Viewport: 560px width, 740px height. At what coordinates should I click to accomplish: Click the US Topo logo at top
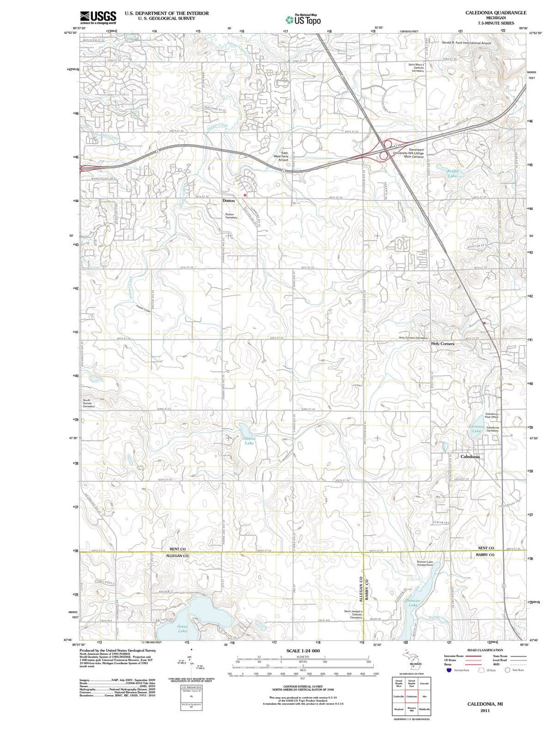[303, 20]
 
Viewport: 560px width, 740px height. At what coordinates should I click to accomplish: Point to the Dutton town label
[229, 200]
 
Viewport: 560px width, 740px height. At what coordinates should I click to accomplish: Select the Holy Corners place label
[442, 344]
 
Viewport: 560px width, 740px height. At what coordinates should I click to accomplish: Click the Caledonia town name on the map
[470, 457]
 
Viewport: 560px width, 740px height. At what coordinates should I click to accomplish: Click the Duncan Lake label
[413, 603]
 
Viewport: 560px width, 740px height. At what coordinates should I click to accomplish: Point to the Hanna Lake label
[249, 441]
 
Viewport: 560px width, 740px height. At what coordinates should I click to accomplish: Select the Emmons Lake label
[477, 429]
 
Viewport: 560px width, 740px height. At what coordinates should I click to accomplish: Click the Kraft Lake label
[453, 173]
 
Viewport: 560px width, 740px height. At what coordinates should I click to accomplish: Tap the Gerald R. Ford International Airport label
[466, 43]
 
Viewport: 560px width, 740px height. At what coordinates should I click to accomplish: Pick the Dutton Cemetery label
[231, 216]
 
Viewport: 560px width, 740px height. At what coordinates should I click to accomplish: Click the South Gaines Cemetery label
[89, 403]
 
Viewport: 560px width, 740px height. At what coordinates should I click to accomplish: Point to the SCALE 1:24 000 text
[303, 651]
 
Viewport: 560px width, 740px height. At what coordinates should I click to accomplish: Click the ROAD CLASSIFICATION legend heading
[485, 650]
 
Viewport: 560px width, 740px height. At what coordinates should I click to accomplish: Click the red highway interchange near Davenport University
[384, 150]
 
